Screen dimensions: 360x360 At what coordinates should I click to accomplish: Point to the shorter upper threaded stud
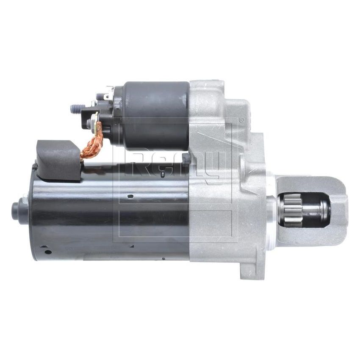(x=101, y=97)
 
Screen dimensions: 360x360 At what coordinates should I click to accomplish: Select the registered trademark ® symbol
(x=241, y=120)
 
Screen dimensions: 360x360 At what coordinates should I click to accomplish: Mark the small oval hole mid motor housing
(x=130, y=196)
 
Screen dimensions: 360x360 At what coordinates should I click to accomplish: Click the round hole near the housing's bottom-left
(x=48, y=252)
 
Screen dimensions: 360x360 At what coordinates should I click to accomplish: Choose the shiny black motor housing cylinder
(x=110, y=212)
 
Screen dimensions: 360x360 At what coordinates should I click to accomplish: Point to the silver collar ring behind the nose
(x=271, y=208)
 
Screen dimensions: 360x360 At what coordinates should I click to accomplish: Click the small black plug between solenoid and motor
(x=185, y=158)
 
